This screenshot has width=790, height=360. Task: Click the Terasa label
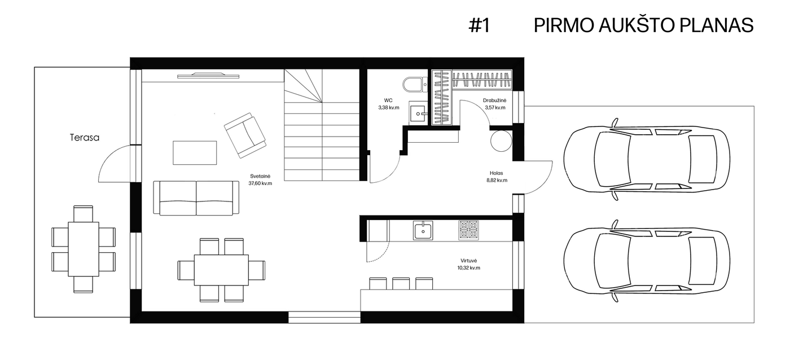click(84, 138)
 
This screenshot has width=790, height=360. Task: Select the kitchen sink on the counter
click(423, 230)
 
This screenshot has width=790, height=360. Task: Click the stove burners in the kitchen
click(469, 230)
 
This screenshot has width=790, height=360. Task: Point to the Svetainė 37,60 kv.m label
click(260, 180)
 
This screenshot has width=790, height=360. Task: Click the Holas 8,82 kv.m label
click(497, 177)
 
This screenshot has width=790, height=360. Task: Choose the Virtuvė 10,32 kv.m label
click(469, 264)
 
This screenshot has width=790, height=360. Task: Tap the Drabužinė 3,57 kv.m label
click(495, 104)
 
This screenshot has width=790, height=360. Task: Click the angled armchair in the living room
click(245, 135)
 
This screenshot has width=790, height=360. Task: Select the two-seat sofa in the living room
click(196, 198)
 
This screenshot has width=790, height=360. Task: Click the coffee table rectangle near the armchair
click(195, 153)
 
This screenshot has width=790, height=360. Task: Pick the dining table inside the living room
click(221, 270)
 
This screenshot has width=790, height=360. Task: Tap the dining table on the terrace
click(84, 249)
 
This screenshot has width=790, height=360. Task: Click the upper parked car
click(647, 159)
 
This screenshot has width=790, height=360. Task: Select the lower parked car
click(647, 261)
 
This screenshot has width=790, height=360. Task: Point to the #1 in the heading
click(479, 25)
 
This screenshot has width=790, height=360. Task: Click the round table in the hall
click(501, 141)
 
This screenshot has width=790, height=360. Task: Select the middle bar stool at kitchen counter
click(401, 284)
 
